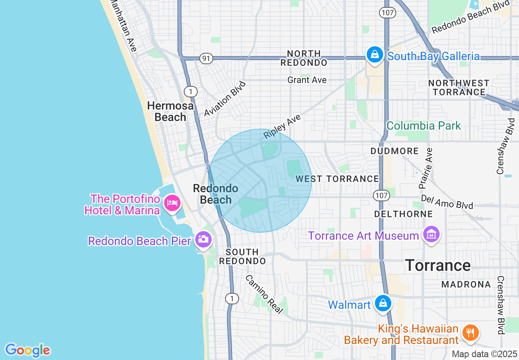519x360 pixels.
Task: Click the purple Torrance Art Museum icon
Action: [431, 235]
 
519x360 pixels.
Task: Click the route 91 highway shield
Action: [207, 59]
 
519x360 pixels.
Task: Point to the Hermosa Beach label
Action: [170, 111]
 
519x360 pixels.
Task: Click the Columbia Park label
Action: [424, 126]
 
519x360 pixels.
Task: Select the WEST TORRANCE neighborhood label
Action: [338, 179]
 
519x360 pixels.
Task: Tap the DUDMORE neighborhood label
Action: [395, 151]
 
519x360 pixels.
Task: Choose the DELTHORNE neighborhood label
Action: [397, 214]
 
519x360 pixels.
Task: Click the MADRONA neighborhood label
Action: [466, 284]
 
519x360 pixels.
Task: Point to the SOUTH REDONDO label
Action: [242, 256]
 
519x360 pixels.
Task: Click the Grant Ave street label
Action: [307, 80]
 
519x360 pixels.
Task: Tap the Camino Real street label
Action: [264, 294]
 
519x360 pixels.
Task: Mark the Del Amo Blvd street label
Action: [447, 201]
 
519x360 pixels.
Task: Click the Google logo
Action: [27, 350]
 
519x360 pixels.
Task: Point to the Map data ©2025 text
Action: [485, 354]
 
